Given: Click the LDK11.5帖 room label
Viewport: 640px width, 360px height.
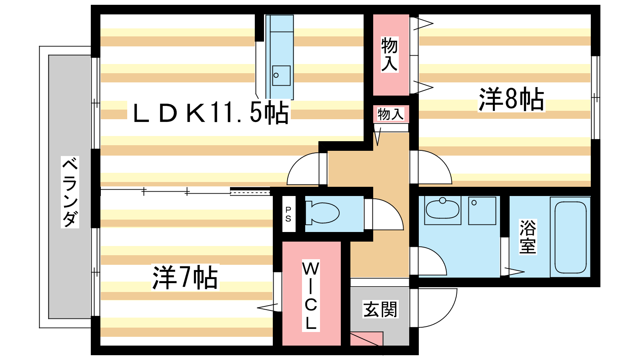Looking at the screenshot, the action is pos(211,112).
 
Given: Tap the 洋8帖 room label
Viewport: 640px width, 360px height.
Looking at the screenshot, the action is pos(511,99).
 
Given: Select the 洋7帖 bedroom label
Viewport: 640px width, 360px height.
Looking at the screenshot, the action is pos(185,278).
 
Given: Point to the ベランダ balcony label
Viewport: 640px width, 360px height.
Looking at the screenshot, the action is pos(70,192).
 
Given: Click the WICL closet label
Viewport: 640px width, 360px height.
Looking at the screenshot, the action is pos(310,296).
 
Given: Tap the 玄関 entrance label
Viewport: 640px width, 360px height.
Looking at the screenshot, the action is pos(380,309).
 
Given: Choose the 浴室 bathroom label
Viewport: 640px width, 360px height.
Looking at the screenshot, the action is pos(528,236).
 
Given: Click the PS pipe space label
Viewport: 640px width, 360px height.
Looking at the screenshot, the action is pos(288,214).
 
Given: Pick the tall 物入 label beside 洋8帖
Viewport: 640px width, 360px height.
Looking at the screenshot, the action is pos(390,54).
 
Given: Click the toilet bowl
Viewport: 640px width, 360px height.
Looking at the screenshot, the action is pos(322,213).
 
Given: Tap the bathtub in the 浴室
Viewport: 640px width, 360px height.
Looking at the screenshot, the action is pos(570,238).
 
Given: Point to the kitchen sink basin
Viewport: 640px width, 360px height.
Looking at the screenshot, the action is pos(281,76).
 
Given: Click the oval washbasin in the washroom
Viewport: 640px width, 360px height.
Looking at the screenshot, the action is pos(442,209).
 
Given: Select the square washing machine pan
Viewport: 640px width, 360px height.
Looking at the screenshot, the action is pos(482,210).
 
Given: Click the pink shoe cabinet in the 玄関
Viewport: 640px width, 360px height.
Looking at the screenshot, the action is pos(366,339).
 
